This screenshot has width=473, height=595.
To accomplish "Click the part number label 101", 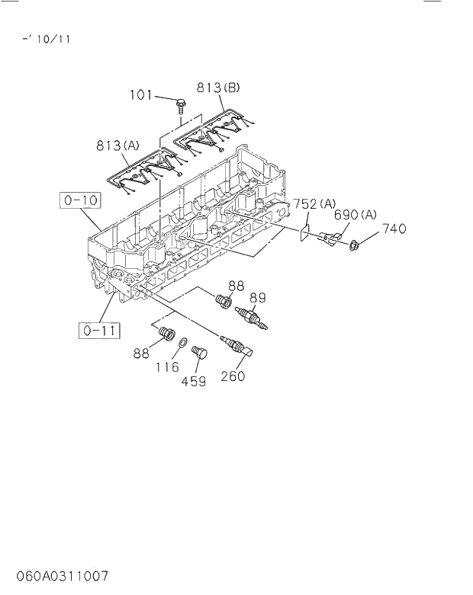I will pyautogui.click(x=140, y=95).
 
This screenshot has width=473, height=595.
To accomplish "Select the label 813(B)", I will pyautogui.click(x=219, y=88).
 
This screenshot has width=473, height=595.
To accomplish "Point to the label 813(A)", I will pyautogui.click(x=118, y=145).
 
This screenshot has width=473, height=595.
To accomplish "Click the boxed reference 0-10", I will pyautogui.click(x=80, y=201).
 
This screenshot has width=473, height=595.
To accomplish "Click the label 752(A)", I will pyautogui.click(x=315, y=203).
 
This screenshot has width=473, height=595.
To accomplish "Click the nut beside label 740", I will pyautogui.click(x=356, y=245).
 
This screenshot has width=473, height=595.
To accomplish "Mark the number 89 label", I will pyautogui.click(x=257, y=298).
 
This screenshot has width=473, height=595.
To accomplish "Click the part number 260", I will pyautogui.click(x=232, y=375).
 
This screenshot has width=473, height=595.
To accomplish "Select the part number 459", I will pyautogui.click(x=193, y=382).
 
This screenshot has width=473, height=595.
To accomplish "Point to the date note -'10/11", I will pyautogui.click(x=47, y=39).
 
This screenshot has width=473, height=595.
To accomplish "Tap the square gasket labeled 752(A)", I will pyautogui.click(x=304, y=228).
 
